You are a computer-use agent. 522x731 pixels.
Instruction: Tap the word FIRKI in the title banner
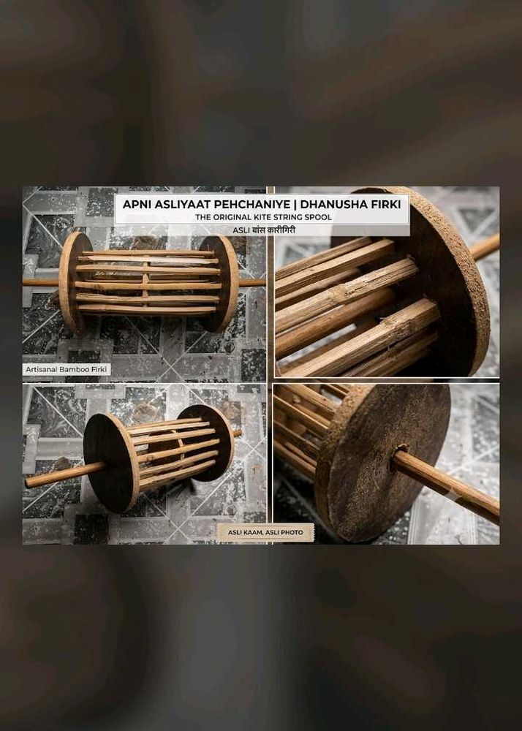pos(387,204)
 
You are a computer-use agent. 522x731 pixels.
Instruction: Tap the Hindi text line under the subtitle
pos(264,230)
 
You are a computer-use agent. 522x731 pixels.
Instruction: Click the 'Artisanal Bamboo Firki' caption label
pos(67,369)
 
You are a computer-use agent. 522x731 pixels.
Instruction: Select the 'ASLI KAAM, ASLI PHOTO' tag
pos(265,532)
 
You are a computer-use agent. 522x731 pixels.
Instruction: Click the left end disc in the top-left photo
pos(75,282)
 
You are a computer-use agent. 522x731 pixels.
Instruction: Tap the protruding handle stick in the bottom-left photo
pos(63,474)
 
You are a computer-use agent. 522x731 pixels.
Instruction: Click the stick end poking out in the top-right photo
pos(485,246)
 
